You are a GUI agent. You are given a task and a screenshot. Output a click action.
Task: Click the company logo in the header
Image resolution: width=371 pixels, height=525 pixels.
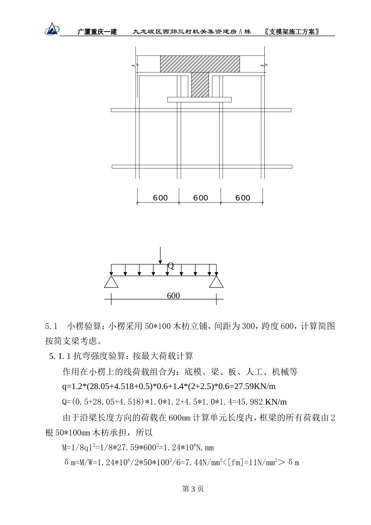pyautogui.click(x=52, y=29)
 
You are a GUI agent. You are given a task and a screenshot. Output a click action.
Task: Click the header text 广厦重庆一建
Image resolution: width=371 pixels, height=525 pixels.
pyautogui.click(x=97, y=32)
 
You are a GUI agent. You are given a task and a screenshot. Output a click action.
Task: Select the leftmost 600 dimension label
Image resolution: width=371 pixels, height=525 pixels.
pyautogui.click(x=160, y=198)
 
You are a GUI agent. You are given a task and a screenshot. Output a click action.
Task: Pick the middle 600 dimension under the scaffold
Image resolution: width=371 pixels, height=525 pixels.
pyautogui.click(x=201, y=198)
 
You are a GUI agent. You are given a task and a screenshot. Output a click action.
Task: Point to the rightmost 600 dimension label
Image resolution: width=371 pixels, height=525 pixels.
pyautogui.click(x=243, y=198)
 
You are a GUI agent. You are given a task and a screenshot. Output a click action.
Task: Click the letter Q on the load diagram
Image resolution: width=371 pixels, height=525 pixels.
pyautogui.click(x=171, y=266)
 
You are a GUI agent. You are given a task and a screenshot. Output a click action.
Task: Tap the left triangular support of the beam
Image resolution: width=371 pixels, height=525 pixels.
pyautogui.click(x=111, y=282)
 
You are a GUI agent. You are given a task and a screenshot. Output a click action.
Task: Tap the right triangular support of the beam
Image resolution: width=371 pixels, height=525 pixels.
pyautogui.click(x=216, y=282)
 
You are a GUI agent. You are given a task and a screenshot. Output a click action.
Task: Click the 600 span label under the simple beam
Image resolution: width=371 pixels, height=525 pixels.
pyautogui.click(x=173, y=296)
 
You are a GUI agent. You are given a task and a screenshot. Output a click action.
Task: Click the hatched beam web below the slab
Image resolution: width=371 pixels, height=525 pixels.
pyautogui.click(x=200, y=85)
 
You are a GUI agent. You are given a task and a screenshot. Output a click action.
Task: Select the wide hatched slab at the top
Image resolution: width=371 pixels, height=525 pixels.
pyautogui.click(x=200, y=64)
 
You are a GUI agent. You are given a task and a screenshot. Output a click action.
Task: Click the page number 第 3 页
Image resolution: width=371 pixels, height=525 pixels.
pyautogui.click(x=193, y=489)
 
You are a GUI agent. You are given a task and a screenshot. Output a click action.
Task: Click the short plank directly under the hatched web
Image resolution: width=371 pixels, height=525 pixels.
pyautogui.click(x=199, y=100)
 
